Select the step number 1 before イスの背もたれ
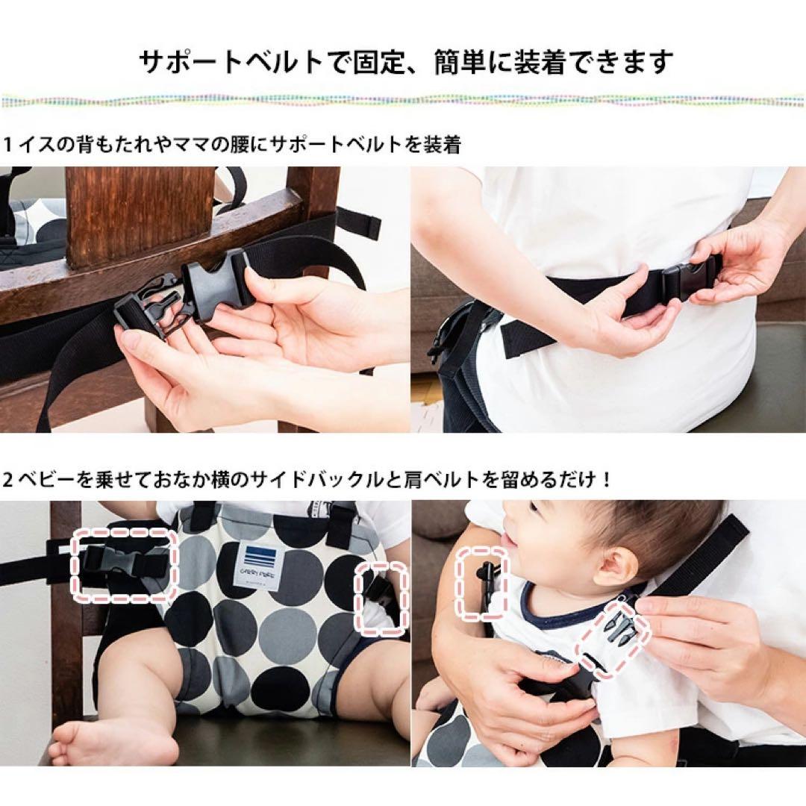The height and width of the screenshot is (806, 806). tap(7, 145)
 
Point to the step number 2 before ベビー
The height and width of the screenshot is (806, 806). tap(7, 480)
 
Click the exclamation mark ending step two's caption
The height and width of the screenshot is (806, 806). tap(607, 480)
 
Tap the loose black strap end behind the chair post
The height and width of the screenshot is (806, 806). tap(359, 224)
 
